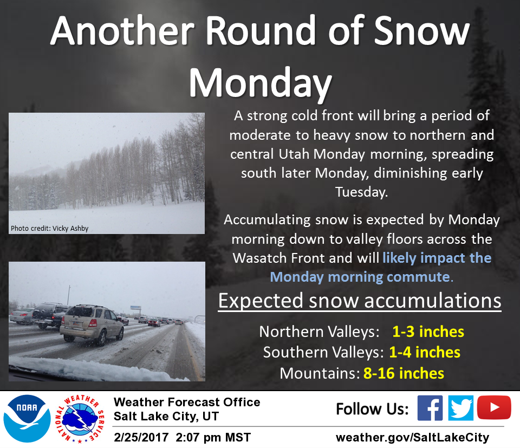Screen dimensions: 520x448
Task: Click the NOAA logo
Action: click(27, 419)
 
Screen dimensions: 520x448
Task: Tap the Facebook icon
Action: click(430, 408)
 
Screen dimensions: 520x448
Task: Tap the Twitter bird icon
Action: click(460, 408)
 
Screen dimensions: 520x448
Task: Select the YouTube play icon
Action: click(494, 407)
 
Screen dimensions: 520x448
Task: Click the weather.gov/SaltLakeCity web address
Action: click(413, 437)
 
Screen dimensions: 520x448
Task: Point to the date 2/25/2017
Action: click(141, 437)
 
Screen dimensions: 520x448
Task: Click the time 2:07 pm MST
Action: click(213, 437)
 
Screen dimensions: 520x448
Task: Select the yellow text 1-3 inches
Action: click(428, 332)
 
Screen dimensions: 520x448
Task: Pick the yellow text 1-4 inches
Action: click(425, 352)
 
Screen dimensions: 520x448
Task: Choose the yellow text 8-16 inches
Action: click(404, 373)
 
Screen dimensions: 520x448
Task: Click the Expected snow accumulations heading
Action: click(360, 301)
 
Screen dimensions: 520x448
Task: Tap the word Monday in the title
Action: click(261, 83)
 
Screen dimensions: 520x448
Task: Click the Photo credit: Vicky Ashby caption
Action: click(50, 229)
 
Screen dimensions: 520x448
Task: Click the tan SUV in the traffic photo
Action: click(92, 324)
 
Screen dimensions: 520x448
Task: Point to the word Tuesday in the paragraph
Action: click(361, 192)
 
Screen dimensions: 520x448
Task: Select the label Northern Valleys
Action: click(319, 332)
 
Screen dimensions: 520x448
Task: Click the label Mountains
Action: click(320, 373)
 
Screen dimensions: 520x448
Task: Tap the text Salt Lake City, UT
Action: click(166, 416)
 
